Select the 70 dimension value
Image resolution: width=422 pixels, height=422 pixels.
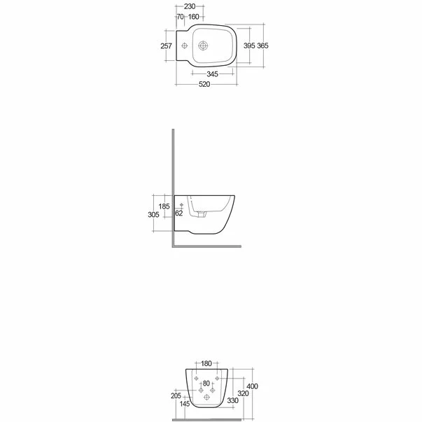pyautogui.click(x=180, y=17)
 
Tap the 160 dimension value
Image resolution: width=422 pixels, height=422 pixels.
pyautogui.click(x=194, y=17)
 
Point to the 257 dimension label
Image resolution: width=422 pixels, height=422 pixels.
pyautogui.click(x=167, y=45)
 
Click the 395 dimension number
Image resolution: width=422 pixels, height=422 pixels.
pyautogui.click(x=248, y=45)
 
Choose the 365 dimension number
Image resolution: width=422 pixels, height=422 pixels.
pyautogui.click(x=262, y=45)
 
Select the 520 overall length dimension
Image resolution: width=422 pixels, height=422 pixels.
pyautogui.click(x=204, y=84)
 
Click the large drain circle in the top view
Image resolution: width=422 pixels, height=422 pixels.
pyautogui.click(x=204, y=46)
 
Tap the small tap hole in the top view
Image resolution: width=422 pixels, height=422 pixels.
pyautogui.click(x=184, y=46)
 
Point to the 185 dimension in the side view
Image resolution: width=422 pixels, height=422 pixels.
pyautogui.click(x=164, y=206)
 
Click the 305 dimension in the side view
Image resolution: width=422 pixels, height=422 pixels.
pyautogui.click(x=154, y=215)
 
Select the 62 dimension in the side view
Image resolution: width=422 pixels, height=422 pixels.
pyautogui.click(x=178, y=213)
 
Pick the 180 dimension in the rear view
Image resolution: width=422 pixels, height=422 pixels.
pyautogui.click(x=206, y=364)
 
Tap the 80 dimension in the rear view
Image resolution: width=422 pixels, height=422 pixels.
pyautogui.click(x=206, y=384)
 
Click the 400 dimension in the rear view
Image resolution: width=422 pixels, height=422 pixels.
pyautogui.click(x=253, y=386)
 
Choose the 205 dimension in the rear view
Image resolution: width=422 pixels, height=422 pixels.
pyautogui.click(x=176, y=395)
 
